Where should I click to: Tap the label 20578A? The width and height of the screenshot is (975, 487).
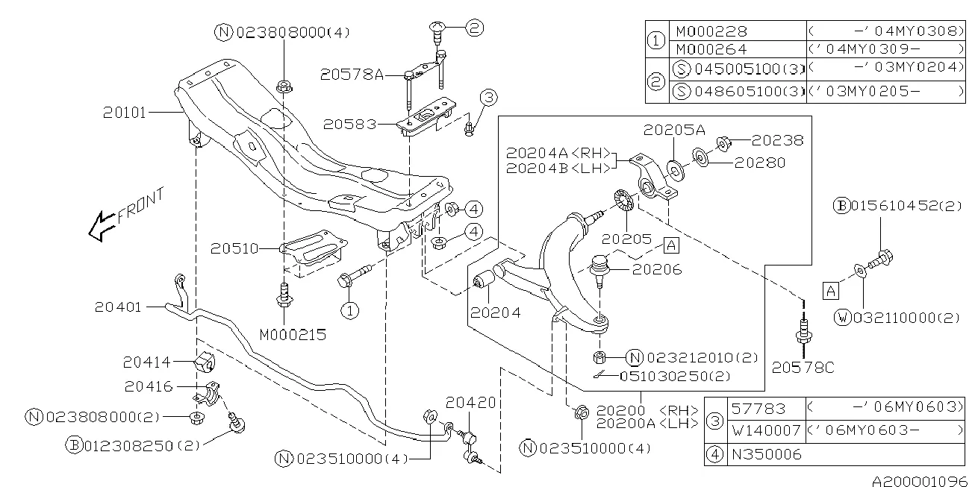352,75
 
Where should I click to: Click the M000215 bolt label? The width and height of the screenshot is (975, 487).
293,335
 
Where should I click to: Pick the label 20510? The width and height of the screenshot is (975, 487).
234,247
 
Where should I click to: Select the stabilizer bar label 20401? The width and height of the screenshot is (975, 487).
119,307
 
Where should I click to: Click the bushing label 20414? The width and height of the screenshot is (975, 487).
147,362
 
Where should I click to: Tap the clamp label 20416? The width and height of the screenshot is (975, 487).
147,386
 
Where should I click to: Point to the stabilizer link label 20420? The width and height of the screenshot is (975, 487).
470,403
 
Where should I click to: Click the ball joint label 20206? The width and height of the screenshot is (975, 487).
657,270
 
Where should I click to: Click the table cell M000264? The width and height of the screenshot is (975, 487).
711,49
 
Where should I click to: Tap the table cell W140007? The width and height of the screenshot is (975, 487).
766,430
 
